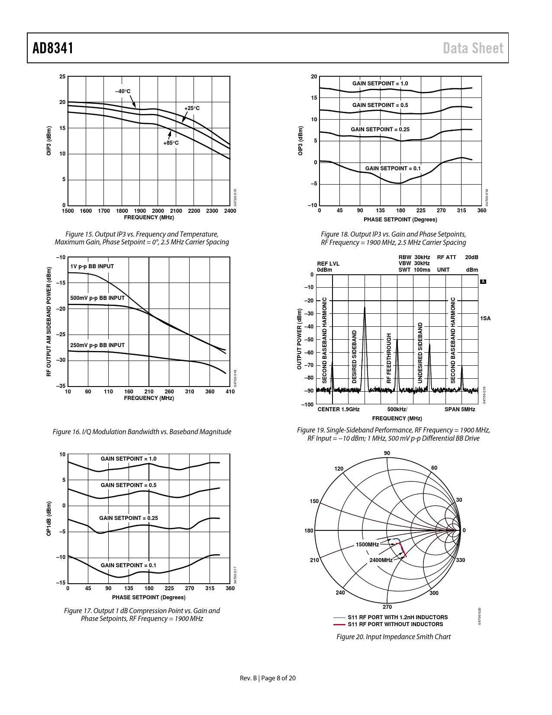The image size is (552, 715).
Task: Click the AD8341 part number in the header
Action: pyautogui.click(x=53, y=48)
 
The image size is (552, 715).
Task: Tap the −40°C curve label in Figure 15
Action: pyautogui.click(x=123, y=91)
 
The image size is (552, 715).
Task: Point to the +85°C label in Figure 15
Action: pyautogui.click(x=171, y=143)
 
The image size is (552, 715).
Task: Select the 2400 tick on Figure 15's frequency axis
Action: pyautogui.click(x=230, y=211)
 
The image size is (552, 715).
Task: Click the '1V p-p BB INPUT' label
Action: pyautogui.click(x=92, y=266)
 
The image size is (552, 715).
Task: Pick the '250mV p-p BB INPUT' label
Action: pyautogui.click(x=97, y=345)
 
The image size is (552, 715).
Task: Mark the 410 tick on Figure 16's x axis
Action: pyautogui.click(x=230, y=392)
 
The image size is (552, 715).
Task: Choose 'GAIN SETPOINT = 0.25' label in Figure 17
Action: pyautogui.click(x=129, y=518)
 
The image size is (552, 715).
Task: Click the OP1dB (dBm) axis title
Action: pyautogui.click(x=49, y=518)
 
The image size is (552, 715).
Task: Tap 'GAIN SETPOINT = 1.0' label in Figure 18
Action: pyautogui.click(x=380, y=84)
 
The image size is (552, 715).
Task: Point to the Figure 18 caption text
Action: pyautogui.click(x=393, y=238)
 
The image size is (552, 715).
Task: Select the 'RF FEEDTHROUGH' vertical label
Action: pyautogui.click(x=389, y=358)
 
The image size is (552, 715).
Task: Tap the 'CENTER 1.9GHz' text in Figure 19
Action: pyautogui.click(x=339, y=409)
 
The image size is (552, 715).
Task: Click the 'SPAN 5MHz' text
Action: pyautogui.click(x=460, y=409)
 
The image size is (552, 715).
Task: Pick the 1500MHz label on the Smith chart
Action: pyautogui.click(x=367, y=545)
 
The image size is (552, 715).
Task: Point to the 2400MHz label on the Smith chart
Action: pyautogui.click(x=381, y=560)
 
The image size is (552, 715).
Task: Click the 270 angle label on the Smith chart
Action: pyautogui.click(x=387, y=607)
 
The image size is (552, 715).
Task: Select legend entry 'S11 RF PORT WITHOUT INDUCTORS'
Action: pyautogui.click(x=395, y=624)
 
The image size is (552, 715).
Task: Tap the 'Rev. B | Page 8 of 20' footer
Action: pyautogui.click(x=268, y=678)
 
